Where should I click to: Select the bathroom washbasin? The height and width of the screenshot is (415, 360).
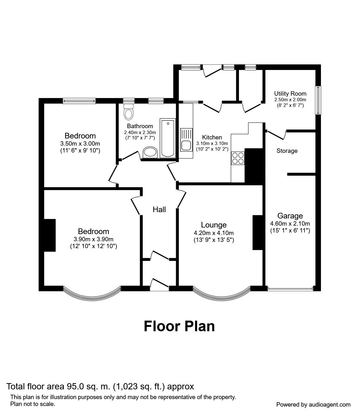150,152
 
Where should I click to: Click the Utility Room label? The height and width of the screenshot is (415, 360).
290,93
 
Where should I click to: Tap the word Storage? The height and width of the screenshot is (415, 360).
287,151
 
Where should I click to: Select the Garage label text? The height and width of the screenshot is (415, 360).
290,216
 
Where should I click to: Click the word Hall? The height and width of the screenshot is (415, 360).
159,209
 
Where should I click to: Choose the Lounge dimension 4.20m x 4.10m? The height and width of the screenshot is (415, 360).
214,233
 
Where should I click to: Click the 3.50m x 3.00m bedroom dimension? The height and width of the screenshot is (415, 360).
80,144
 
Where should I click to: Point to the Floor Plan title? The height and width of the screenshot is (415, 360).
179,326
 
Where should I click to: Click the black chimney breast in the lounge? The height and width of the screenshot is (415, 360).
257,232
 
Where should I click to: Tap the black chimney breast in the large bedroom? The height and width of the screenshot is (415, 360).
49,235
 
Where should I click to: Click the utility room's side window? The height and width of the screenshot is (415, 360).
318,100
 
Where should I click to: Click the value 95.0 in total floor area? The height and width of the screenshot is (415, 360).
74,387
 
